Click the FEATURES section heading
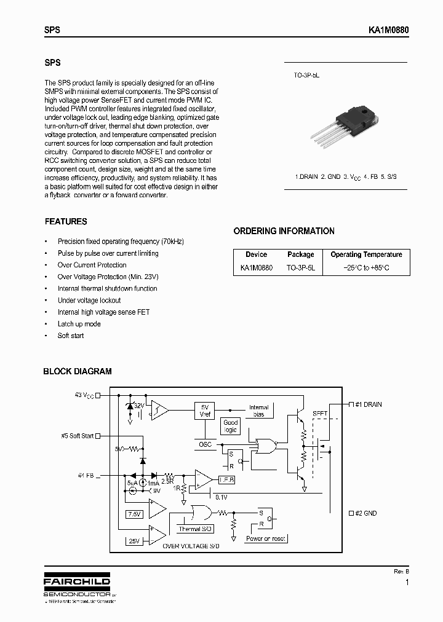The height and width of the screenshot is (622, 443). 66,221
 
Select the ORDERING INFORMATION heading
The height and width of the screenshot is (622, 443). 284,231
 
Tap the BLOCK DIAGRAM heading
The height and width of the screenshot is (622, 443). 77,371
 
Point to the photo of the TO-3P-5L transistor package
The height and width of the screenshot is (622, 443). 345,130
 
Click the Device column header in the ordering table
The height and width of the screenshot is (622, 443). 256,254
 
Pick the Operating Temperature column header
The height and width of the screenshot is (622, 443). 366,254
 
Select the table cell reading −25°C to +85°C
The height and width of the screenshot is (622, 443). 366,268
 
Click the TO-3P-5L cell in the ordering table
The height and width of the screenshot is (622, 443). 300,268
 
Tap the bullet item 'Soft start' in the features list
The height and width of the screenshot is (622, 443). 71,336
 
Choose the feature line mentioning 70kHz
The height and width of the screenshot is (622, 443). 121,242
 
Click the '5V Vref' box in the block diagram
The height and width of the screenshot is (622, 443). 205,410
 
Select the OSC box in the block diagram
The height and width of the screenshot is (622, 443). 205,444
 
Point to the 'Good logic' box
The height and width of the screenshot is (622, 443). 231,426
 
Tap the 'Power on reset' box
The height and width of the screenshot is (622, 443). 266,538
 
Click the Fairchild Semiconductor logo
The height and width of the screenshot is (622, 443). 77,586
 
